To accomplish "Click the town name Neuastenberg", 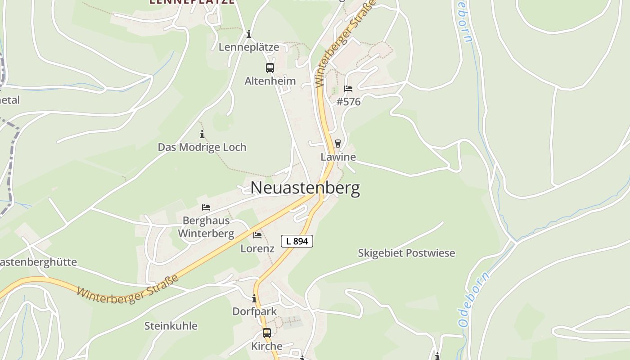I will point(305,188).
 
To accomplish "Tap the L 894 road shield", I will point(297,241).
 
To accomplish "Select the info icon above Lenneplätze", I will point(248,34).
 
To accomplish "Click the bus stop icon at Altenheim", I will point(270,68).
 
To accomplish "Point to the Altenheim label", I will point(270,81).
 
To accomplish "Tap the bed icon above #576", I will point(348,88).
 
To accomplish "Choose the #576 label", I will point(349,102).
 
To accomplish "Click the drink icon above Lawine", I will point(338,144).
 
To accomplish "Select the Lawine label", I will point(338,157).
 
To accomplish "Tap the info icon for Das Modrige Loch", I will point(202,134).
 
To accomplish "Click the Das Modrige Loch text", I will point(202,147).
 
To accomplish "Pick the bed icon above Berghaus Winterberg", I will point(206,207).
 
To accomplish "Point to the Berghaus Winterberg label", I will point(206,227).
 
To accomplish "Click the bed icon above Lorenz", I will point(257,235).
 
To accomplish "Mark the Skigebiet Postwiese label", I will point(406,253).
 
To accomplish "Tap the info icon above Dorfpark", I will point(254,298).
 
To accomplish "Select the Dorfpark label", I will point(254,311).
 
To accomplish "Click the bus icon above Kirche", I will point(267,333).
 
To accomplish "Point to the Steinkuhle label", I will point(171,326).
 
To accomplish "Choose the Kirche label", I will point(267,346).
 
